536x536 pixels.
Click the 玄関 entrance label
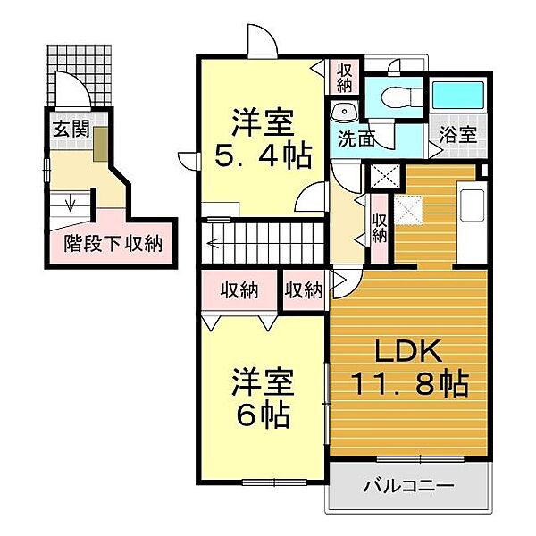pyautogui.click(x=71, y=130)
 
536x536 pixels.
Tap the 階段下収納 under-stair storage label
pyautogui.click(x=113, y=244)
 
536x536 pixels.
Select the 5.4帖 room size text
pyautogui.click(x=264, y=155)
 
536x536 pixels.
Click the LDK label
pyautogui.click(x=408, y=351)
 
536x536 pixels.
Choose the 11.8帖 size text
pyautogui.click(x=409, y=383)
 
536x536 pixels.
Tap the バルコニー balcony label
pyautogui.click(x=409, y=486)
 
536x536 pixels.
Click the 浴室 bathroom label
pyautogui.click(x=458, y=134)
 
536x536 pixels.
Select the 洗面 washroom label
pyautogui.click(x=356, y=138)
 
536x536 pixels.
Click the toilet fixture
pyautogui.click(x=401, y=96)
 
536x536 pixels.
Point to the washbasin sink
pyautogui.click(x=344, y=112)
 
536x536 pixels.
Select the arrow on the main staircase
pyautogui.click(x=214, y=244)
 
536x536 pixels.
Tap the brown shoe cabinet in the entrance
pyautogui.click(x=100, y=144)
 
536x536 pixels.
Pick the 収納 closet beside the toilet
pyautogui.click(x=344, y=79)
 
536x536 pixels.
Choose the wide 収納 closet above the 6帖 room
pyautogui.click(x=239, y=290)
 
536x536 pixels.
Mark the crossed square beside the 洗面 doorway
pyautogui.click(x=385, y=176)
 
